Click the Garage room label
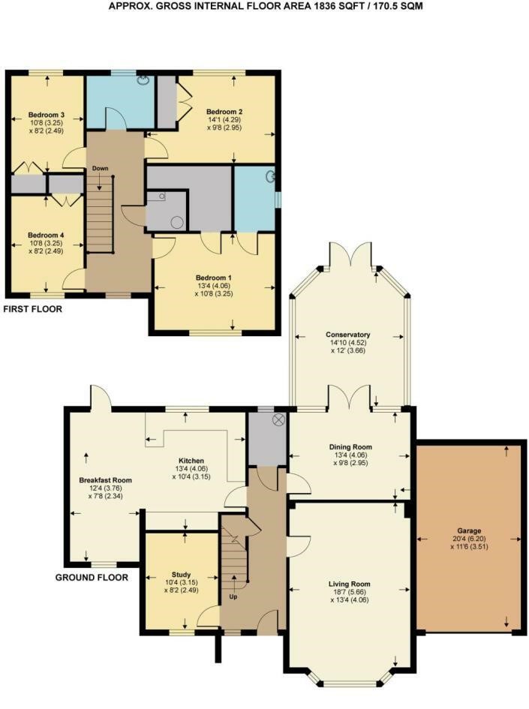click(x=469, y=531)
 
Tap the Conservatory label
click(x=347, y=335)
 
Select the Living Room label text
click(x=349, y=584)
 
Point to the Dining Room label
click(x=350, y=447)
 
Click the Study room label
click(x=181, y=575)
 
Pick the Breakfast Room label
click(x=105, y=480)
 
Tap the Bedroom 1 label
click(x=213, y=278)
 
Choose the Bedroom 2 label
click(x=224, y=112)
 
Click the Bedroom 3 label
click(x=46, y=115)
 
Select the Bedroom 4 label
click(x=46, y=235)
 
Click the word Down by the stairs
click(x=101, y=168)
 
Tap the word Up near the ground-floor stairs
click(x=233, y=597)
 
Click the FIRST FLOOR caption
click(x=32, y=309)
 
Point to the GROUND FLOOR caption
click(x=92, y=578)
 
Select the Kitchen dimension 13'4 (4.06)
click(x=191, y=469)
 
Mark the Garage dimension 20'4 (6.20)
click(x=469, y=539)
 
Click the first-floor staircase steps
click(x=99, y=214)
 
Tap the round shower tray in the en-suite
click(x=177, y=223)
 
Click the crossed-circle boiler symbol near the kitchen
click(x=278, y=419)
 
